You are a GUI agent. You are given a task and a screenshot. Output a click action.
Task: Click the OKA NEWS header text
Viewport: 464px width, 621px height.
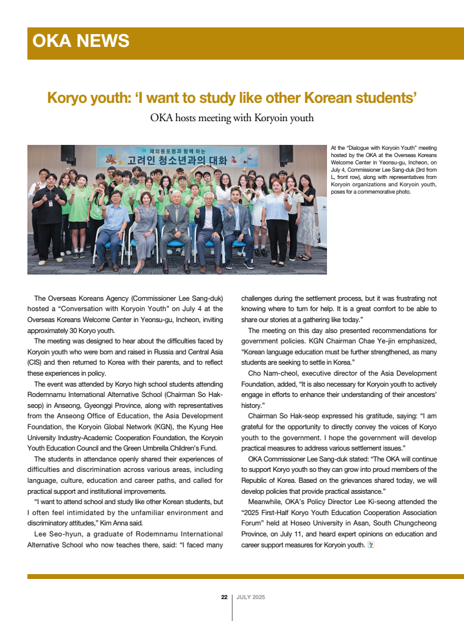(81, 41)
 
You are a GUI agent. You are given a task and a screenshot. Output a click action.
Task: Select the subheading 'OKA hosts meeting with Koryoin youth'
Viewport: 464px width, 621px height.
(232, 118)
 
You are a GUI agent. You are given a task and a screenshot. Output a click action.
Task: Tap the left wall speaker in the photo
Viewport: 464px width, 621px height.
(68, 153)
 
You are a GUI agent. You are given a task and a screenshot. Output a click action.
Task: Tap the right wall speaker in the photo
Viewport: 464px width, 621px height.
(286, 153)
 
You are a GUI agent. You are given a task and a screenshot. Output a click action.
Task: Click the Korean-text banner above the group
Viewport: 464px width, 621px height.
(177, 158)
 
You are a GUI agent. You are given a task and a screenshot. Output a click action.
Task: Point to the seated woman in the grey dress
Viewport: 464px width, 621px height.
(146, 228)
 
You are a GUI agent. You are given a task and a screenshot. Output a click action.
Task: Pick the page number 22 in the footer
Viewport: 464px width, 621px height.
(224, 597)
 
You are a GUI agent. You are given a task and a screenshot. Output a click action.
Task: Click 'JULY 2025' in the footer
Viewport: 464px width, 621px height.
(251, 597)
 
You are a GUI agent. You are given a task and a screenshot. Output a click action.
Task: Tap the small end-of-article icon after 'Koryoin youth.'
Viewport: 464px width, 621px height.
(371, 544)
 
